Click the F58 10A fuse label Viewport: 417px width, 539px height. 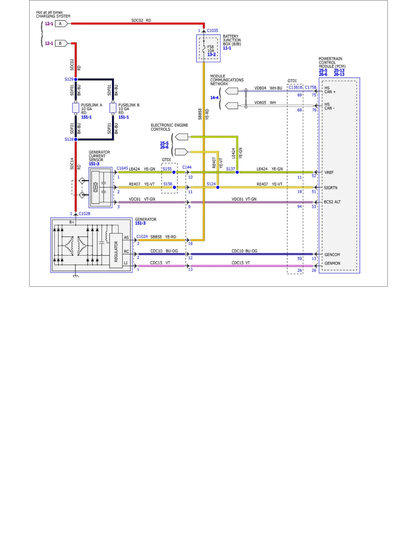pos(211,49)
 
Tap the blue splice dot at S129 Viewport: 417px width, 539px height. pos(76,79)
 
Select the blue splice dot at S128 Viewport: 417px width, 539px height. pos(76,139)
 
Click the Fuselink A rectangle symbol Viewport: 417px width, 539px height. pos(76,108)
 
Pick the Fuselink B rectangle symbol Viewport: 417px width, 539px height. pos(113,108)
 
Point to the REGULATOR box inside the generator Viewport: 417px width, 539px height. pos(116,250)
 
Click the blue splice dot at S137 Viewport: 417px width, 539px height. pos(237,172)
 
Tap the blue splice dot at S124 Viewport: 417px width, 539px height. pos(218,187)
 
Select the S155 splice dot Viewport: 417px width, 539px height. pos(174,172)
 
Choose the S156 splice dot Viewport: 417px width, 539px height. pos(174,187)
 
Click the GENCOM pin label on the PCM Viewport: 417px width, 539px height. pos(332,255)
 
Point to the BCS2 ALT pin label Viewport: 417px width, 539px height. pos(332,202)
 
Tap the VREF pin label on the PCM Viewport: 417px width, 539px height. pos(329,172)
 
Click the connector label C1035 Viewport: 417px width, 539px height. pos(212,31)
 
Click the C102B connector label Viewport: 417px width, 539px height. pos(85,214)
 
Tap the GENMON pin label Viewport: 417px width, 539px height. pos(332,263)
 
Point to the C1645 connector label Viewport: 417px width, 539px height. pos(122,168)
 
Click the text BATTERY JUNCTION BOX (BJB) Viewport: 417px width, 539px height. pos(232,40)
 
